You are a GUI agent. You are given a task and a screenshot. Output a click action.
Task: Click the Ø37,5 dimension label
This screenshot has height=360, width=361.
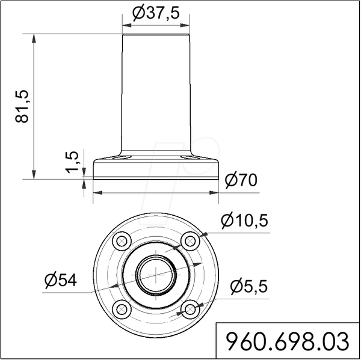pyautogui.click(x=156, y=13)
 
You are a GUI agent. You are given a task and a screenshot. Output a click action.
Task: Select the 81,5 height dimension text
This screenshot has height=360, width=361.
pyautogui.click(x=22, y=106)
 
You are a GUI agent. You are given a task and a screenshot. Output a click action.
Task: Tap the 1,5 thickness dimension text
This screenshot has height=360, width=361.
pyautogui.click(x=72, y=162)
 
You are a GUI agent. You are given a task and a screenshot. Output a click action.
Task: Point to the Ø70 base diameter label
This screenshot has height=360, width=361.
pyautogui.click(x=241, y=180)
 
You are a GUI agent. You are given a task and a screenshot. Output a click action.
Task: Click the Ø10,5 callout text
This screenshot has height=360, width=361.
pyautogui.click(x=244, y=221)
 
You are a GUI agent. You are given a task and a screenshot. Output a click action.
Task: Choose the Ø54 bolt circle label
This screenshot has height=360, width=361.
pyautogui.click(x=61, y=281)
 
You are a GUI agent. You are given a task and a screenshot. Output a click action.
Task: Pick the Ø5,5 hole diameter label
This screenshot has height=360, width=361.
pyautogui.click(x=248, y=287)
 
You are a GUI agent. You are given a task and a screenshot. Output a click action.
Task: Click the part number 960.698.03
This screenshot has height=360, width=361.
pyautogui.click(x=288, y=341)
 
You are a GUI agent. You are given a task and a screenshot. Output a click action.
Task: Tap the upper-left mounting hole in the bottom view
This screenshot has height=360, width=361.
pyautogui.click(x=122, y=242)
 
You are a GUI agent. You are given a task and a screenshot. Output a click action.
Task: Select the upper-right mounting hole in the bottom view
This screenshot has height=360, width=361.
pyautogui.click(x=190, y=242)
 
